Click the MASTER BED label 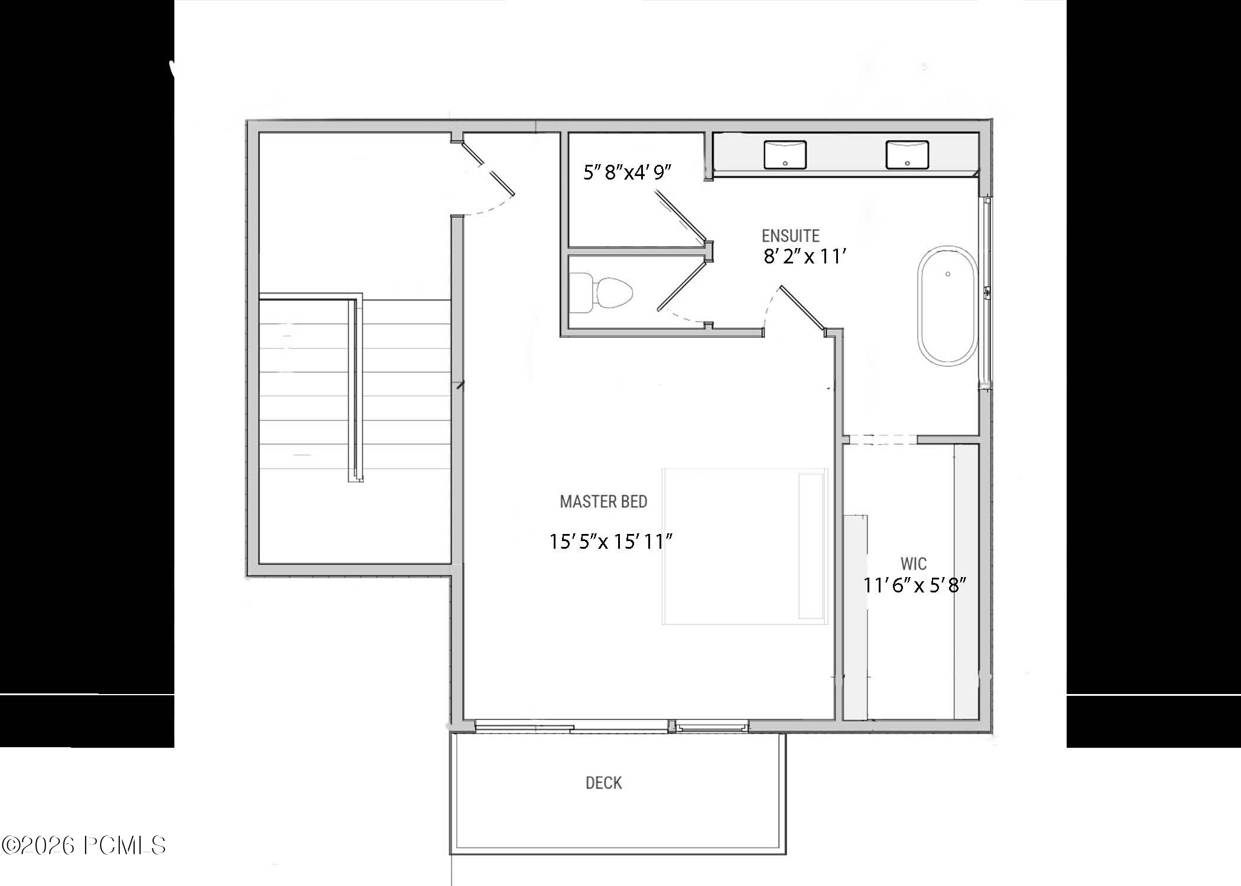(603, 501)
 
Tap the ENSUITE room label (790, 236)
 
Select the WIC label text (913, 563)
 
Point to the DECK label (603, 783)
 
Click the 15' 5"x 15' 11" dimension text (611, 542)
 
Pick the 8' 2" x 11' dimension (805, 257)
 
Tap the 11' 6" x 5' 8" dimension (914, 585)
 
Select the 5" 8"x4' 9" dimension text (628, 172)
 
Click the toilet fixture (603, 293)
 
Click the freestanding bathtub (947, 306)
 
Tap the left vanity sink (785, 154)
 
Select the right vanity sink (907, 154)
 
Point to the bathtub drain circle (948, 274)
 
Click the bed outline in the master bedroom (744, 546)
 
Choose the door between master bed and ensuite (801, 308)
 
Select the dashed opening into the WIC (880, 439)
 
